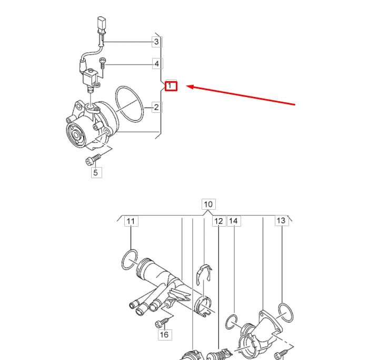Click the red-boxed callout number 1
point(171,85)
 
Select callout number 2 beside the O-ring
point(156,108)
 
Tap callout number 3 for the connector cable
point(156,41)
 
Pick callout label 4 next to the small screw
point(156,64)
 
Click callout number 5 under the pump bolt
point(95,172)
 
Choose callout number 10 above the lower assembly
point(208,204)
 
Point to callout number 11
point(131,221)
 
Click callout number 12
point(218,221)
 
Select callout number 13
point(282,220)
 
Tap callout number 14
point(234,221)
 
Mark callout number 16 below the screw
point(164,334)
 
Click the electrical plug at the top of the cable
point(102,25)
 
